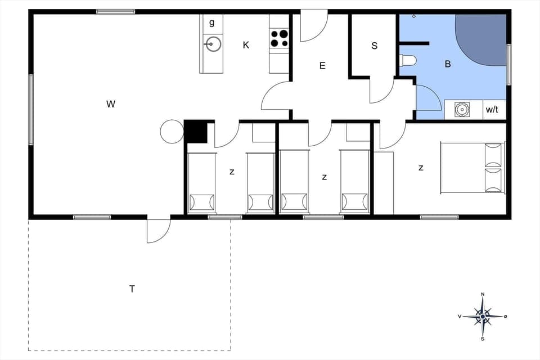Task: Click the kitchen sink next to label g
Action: (213, 43)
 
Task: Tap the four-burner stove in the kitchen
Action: (279, 38)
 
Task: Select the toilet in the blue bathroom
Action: (408, 60)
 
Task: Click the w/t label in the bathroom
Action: (492, 110)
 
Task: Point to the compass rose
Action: (483, 317)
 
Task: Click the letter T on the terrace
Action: (132, 289)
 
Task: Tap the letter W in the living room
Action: (111, 103)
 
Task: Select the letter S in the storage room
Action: (374, 46)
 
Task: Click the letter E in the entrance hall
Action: (322, 66)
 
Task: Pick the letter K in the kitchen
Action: (246, 45)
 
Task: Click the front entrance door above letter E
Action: (313, 27)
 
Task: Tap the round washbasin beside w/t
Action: (462, 109)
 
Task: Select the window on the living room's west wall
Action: (31, 110)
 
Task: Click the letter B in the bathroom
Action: (448, 64)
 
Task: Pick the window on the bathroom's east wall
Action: (508, 65)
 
